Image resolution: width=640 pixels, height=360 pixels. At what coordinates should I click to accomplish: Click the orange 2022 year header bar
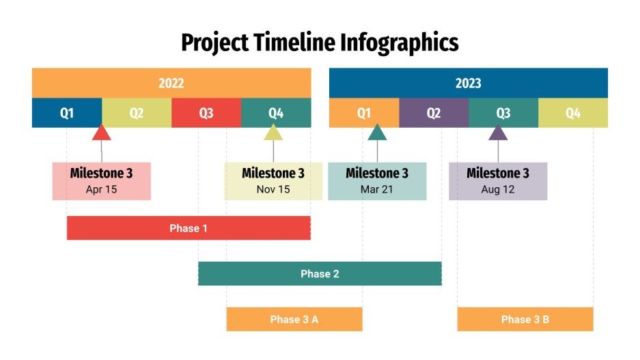[x=171, y=83]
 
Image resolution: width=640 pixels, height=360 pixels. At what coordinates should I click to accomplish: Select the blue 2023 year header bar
[x=468, y=83]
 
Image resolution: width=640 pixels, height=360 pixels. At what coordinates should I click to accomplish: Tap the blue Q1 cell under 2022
[x=67, y=113]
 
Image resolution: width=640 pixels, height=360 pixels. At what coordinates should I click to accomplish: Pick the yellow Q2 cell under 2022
[x=137, y=113]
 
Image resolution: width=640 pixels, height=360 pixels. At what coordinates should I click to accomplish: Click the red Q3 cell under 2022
[x=206, y=113]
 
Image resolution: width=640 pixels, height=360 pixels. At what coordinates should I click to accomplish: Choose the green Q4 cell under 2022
[x=276, y=113]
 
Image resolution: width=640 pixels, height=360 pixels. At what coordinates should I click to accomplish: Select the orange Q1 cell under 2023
[x=364, y=113]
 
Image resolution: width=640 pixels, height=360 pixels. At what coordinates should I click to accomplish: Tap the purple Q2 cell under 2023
[x=434, y=113]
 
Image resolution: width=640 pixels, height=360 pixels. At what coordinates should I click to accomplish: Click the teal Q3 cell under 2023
[x=503, y=113]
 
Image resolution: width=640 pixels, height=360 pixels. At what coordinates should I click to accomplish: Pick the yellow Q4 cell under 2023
[x=573, y=113]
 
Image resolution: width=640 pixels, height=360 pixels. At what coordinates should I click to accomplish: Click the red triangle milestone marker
[x=102, y=133]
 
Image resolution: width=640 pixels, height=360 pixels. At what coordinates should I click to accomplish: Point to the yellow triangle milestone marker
[x=273, y=133]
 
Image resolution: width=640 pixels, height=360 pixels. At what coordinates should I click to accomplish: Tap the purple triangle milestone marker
[x=498, y=133]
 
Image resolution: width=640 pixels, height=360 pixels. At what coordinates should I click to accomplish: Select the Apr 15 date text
[x=101, y=190]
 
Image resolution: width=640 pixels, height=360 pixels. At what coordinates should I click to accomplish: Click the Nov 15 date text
[x=273, y=190]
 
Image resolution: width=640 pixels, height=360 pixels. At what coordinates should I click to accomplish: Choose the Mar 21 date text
[x=377, y=190]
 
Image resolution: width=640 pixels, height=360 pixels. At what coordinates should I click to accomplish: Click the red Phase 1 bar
[x=189, y=228]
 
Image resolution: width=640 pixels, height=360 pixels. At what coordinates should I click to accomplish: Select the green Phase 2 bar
[x=320, y=274]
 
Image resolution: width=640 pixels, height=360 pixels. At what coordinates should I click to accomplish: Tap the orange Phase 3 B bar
[x=525, y=319]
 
